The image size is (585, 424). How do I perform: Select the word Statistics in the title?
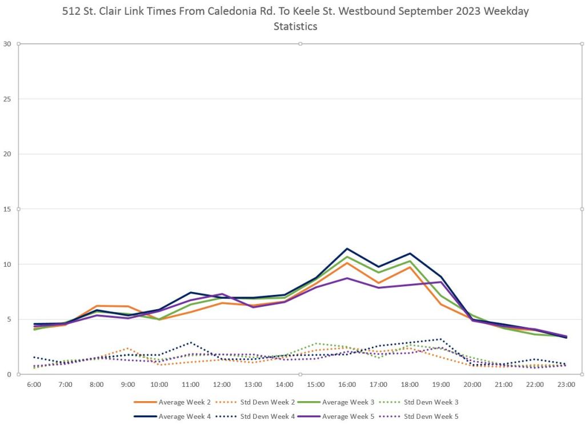tap(295, 26)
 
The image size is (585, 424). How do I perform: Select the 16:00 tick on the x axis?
tap(347, 385)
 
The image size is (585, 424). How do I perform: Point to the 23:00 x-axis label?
tap(566, 385)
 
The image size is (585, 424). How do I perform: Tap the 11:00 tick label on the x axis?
tap(190, 385)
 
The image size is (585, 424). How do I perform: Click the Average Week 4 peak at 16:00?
tap(347, 249)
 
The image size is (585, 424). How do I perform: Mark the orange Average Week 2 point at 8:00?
tap(97, 306)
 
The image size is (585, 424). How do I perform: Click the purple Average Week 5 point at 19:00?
tap(440, 282)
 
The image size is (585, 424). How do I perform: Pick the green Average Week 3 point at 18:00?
tap(410, 261)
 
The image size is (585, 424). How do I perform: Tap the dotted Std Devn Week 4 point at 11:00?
tap(190, 342)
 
